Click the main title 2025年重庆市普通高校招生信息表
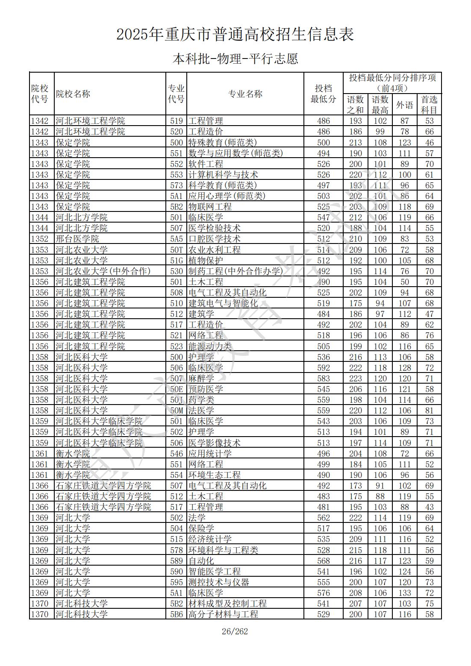pos(235,35)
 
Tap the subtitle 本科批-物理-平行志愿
pos(235,59)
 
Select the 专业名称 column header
pos(245,94)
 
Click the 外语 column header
pos(404,105)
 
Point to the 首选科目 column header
pos(429,105)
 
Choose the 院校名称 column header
pos(73,94)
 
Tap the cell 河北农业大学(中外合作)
pos(103,271)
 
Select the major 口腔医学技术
pos(215,239)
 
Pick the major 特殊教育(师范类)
pos(223,143)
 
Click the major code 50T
pos(177,250)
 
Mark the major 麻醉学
pos(201,378)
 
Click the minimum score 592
pos(324,368)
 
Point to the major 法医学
pos(201,411)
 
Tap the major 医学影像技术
pos(215,443)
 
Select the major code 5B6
pos(177,614)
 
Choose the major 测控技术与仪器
pos(219,582)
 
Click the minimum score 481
pos(324,507)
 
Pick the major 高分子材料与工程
pos(223,614)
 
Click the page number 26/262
pos(235,631)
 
